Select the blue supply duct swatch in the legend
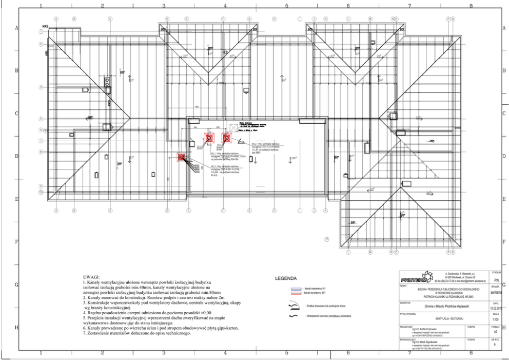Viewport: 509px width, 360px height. [x=296, y=290]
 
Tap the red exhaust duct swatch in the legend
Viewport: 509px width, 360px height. [x=296, y=294]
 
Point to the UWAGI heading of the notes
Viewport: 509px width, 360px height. [x=92, y=276]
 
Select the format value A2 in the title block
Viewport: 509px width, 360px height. [x=495, y=332]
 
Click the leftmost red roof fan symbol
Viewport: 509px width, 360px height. [x=181, y=158]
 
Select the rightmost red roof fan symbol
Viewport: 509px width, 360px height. [x=225, y=137]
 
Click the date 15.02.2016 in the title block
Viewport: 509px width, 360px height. [x=495, y=307]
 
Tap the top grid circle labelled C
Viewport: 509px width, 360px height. [x=110, y=18]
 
